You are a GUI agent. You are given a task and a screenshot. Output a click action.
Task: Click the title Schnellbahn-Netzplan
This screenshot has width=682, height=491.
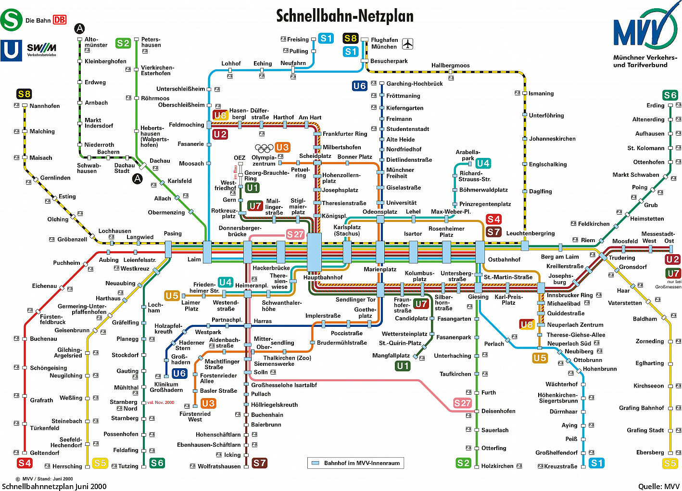coord(345,16)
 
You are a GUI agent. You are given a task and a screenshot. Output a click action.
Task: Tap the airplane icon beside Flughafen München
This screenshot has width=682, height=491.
coord(407,44)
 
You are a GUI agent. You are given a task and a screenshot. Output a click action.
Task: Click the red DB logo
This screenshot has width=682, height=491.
coord(60,20)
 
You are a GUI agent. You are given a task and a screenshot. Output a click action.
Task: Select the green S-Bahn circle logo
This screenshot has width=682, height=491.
coord(11,20)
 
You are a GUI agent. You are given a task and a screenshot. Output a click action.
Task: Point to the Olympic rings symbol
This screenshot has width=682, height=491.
coord(264,148)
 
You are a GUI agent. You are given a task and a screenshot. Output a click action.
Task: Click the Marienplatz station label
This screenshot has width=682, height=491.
coord(380,269)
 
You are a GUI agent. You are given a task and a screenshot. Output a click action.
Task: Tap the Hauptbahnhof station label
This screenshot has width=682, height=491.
coord(323,277)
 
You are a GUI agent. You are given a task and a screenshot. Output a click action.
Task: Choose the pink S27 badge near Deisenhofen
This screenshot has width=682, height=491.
coord(462,403)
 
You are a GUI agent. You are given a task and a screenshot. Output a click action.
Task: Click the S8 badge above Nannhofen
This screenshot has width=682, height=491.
coord(24,94)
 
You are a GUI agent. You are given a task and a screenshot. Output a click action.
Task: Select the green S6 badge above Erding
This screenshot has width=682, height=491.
coord(670,95)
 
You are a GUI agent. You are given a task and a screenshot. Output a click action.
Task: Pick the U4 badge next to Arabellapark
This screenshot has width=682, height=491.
coord(483,163)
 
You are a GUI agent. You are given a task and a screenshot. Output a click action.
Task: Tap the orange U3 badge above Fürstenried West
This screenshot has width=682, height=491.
coord(208,403)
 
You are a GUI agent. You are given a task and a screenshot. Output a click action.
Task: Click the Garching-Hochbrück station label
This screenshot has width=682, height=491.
coord(415,83)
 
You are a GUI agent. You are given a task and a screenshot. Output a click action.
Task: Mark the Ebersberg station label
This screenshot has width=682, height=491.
coord(650,452)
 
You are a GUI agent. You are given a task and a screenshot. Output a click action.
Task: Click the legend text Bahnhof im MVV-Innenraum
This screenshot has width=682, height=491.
coord(362,463)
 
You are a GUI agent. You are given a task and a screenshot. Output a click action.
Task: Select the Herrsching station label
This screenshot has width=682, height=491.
coord(67,466)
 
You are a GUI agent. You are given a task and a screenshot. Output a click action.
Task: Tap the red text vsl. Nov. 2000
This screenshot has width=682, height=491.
coord(161,402)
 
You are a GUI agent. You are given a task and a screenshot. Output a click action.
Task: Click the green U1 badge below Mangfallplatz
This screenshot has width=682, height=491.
coord(403,366)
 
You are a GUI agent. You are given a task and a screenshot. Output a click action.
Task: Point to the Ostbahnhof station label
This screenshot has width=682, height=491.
coord(504,259)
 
